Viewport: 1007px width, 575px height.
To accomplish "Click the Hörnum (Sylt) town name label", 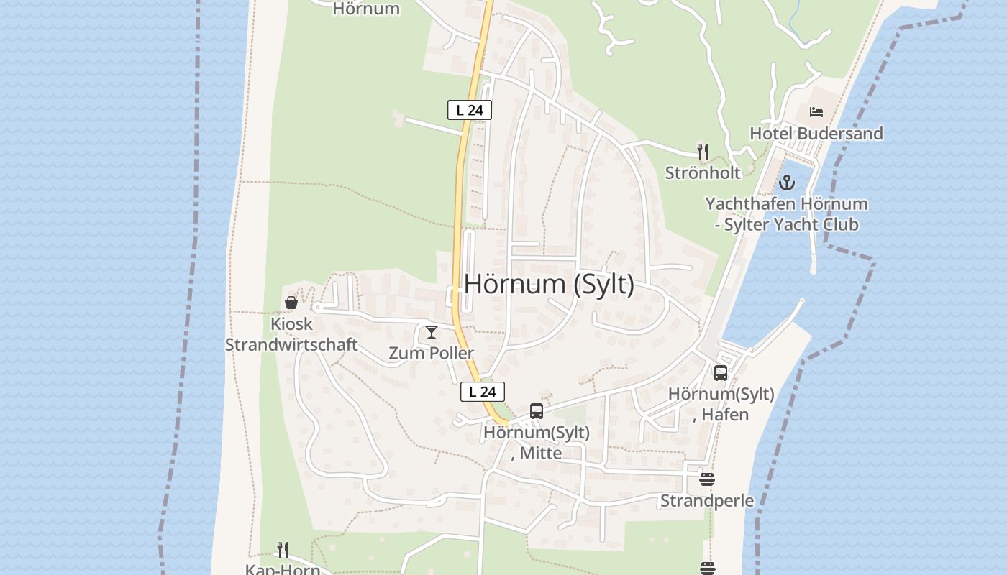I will click(x=549, y=284).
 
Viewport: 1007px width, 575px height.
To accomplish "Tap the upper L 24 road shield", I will click(x=470, y=110).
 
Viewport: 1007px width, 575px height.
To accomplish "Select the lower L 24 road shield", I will click(x=483, y=392).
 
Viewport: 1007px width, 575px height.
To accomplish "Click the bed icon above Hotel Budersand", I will click(x=816, y=111).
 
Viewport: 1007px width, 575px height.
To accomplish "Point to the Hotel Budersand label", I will click(x=816, y=133).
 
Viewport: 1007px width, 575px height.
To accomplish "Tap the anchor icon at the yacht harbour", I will click(x=786, y=183).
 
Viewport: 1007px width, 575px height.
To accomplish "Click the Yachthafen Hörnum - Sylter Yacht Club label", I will click(x=786, y=214).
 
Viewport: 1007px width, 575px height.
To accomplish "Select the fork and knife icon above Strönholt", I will click(x=703, y=151).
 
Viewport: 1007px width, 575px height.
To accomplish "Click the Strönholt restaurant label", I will click(x=703, y=172).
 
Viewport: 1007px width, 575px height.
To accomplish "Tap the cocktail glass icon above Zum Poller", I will click(x=432, y=331).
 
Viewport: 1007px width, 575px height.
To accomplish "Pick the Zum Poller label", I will click(x=432, y=353).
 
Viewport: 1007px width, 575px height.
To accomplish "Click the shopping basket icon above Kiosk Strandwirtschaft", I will click(x=291, y=303).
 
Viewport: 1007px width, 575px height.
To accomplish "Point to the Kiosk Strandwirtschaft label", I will click(x=291, y=334).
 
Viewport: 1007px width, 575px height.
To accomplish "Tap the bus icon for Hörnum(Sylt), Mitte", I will click(x=537, y=411).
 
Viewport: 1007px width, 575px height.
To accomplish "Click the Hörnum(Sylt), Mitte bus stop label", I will click(x=537, y=443).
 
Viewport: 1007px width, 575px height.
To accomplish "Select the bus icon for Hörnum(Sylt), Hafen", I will click(x=721, y=372).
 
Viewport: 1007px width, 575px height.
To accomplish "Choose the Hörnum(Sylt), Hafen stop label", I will click(x=721, y=404).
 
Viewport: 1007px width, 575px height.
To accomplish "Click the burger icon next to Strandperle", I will click(x=707, y=479).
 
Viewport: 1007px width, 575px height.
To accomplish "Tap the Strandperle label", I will click(x=707, y=501).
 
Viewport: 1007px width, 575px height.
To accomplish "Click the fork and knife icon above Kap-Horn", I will click(x=283, y=550).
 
